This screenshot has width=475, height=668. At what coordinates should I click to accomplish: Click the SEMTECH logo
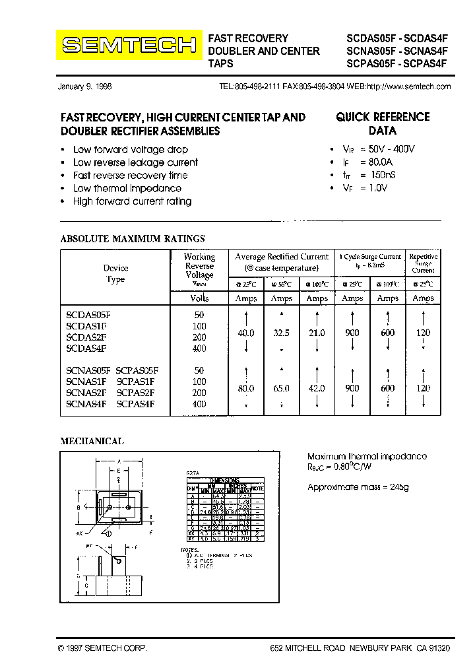129,45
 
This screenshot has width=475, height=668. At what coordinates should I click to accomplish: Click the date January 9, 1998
85,87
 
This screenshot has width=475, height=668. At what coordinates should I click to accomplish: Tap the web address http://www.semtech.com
408,87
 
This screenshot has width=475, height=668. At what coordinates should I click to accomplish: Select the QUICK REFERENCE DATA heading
383,123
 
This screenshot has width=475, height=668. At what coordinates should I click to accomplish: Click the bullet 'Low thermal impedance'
127,188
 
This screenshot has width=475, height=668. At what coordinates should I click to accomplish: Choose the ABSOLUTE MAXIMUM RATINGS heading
133,238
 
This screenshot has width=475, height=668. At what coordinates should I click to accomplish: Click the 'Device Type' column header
115,273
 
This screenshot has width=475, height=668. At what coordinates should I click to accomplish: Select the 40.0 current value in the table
246,333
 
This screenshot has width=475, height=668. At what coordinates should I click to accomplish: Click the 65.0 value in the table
282,389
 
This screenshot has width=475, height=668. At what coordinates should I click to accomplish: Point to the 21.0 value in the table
317,333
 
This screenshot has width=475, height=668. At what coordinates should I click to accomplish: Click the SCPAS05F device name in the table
137,370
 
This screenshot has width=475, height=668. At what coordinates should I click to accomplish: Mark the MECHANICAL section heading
92,441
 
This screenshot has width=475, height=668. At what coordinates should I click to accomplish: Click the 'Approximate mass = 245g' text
358,486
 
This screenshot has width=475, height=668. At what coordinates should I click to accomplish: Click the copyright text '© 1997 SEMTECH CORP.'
102,649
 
